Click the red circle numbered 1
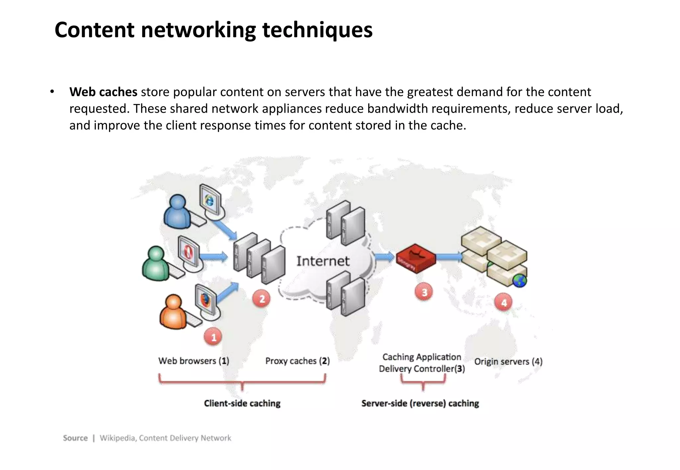click(213, 337)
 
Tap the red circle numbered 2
click(262, 299)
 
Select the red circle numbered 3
click(424, 292)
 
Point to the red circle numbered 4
click(504, 302)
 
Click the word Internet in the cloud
click(323, 261)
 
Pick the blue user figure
click(177, 212)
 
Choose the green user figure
click(156, 264)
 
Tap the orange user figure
click(173, 312)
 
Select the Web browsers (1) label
click(194, 361)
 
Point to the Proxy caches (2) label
click(297, 361)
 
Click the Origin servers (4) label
click(508, 362)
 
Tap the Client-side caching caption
click(242, 403)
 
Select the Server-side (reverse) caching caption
click(420, 403)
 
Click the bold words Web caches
click(103, 92)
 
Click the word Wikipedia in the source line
click(118, 438)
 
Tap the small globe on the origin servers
click(520, 281)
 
